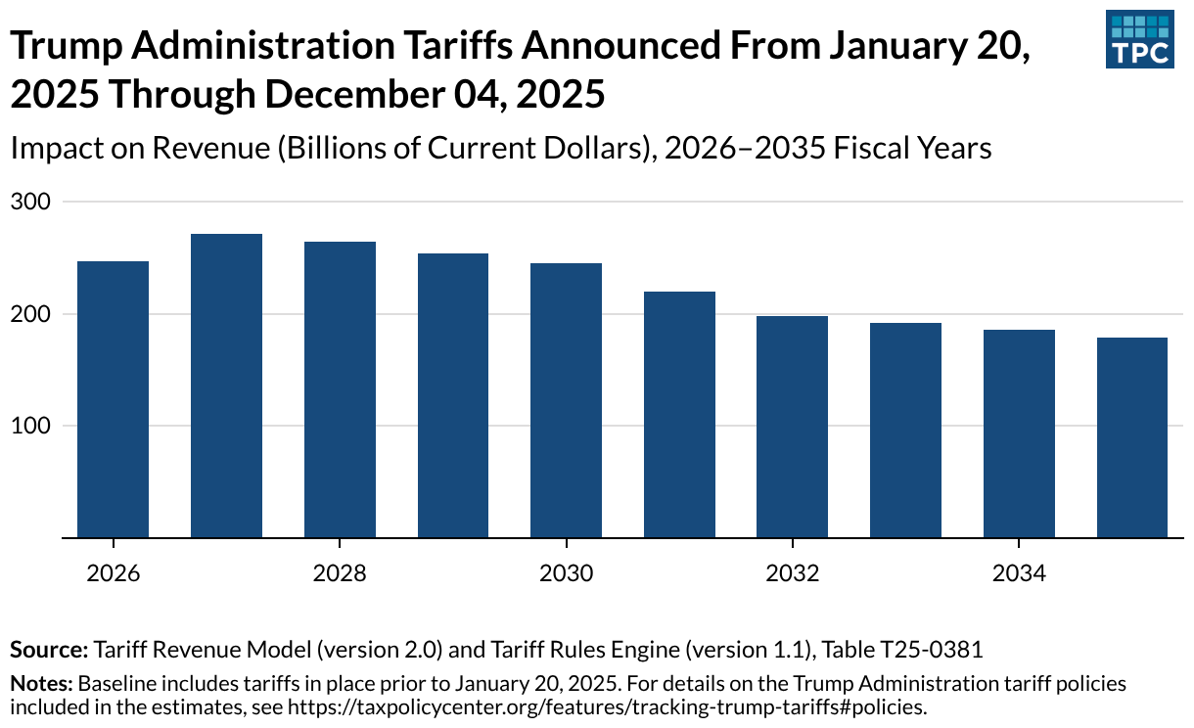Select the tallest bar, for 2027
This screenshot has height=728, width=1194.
pos(226,386)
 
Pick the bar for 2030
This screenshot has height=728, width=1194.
pos(566,400)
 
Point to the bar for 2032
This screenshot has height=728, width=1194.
pos(793,427)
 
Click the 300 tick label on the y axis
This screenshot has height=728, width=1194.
pos(28,202)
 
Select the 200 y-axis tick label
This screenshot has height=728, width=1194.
pos(28,314)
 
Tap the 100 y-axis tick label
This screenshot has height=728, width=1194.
pos(28,426)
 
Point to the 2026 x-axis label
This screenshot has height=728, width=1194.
pos(113,573)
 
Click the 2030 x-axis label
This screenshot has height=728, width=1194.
pos(566,573)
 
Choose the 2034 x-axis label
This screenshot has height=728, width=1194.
pos(1019,573)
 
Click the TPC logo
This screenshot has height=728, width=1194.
pos(1139,39)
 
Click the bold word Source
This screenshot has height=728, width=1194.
pos(48,649)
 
